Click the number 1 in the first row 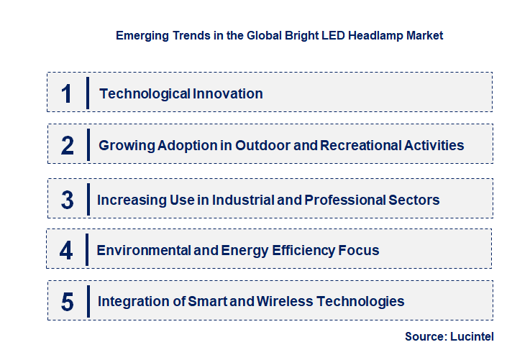click(67, 93)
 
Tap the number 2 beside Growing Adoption click(68, 145)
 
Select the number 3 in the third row click(67, 200)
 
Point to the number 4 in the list click(67, 250)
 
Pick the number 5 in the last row click(67, 302)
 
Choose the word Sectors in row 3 click(411, 200)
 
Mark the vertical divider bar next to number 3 click(88, 198)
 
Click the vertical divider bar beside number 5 click(88, 300)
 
